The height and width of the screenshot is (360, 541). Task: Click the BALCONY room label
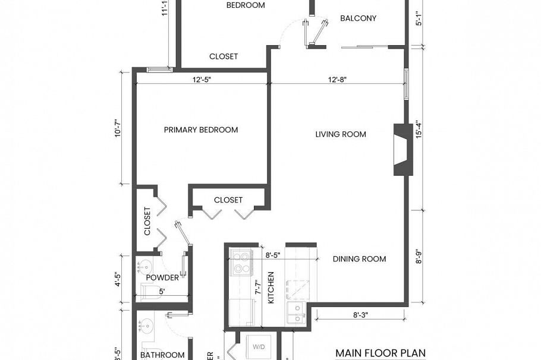tap(358, 18)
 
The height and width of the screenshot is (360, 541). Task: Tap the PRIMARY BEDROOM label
tap(201, 130)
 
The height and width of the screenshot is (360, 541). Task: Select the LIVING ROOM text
tap(341, 134)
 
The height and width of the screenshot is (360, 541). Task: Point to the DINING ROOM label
tap(359, 259)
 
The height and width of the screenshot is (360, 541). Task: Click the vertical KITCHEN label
tap(270, 288)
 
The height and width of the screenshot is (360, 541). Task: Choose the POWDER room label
tap(162, 277)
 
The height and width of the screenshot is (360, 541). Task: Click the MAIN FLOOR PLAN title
tap(380, 353)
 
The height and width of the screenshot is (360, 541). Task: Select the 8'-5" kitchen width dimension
tap(273, 255)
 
